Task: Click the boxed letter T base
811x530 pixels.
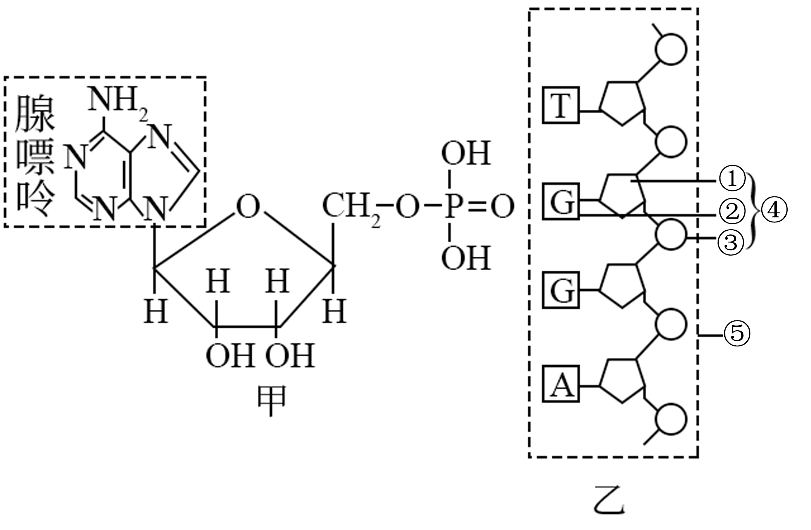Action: click(x=561, y=105)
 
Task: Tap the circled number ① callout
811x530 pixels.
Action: click(x=732, y=180)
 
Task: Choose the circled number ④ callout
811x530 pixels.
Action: click(x=774, y=210)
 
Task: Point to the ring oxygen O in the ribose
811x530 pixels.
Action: click(x=248, y=207)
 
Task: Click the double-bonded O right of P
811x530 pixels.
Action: click(x=502, y=207)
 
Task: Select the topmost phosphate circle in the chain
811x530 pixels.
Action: click(x=671, y=49)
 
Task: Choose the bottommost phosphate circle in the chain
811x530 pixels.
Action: click(x=671, y=419)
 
